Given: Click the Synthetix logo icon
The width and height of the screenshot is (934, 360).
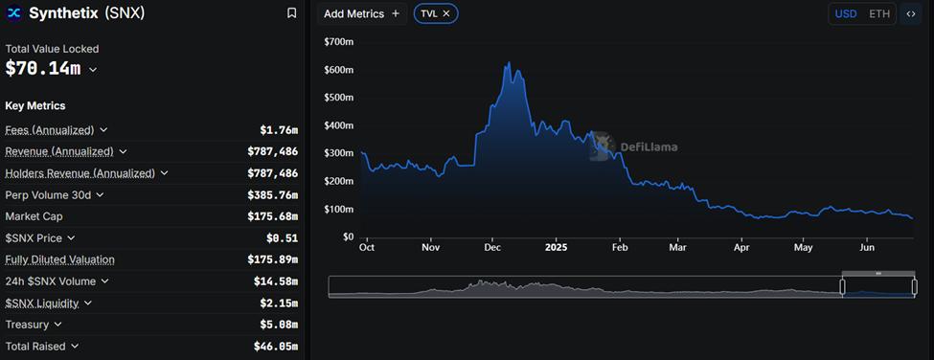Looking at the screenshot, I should coord(14,13).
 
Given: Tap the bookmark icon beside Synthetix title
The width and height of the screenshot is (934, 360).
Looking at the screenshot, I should coord(291,13).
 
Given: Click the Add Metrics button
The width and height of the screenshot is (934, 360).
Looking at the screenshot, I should coord(361,13).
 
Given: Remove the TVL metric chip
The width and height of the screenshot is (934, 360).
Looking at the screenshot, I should coord(446,13).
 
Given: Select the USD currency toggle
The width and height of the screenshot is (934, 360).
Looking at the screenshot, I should coord(846,13).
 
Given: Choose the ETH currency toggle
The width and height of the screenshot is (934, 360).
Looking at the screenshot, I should coord(878,13).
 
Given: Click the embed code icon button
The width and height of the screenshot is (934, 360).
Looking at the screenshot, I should coord(910,13).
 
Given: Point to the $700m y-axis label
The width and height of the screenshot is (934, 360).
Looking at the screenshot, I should coord(339,42).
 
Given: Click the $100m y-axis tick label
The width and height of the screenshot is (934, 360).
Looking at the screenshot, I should coord(339,209).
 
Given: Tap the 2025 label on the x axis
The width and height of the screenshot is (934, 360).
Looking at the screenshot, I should coord(556,247).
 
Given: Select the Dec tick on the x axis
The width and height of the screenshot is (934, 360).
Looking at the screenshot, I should coord(492,247).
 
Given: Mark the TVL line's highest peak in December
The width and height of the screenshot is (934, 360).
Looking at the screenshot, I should coord(508,63).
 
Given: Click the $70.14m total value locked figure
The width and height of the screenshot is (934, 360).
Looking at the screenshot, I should coord(43,69).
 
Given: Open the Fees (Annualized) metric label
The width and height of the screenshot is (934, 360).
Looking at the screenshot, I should coord(50,130).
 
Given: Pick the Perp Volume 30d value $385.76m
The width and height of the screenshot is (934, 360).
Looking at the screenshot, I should coord(272,194).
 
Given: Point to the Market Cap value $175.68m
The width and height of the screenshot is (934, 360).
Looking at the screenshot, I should coord(272,216).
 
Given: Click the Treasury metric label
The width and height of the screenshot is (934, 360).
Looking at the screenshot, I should coord(27,325).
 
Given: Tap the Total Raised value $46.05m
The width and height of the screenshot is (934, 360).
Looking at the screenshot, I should coord(275,347).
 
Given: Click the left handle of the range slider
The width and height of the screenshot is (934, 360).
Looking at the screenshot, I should coord(843,286).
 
